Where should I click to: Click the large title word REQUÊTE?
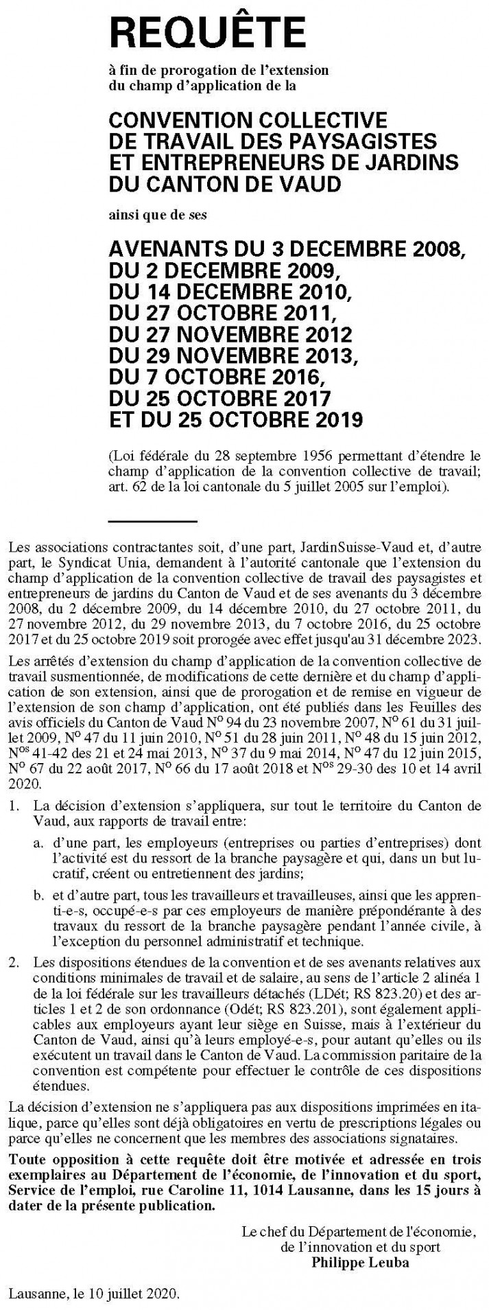coord(207,33)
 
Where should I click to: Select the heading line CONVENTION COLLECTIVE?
coord(248,121)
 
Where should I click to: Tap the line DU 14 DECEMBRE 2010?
coord(230,294)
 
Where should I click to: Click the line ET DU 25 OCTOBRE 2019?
coord(235,418)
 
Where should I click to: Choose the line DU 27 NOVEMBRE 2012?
coord(230,335)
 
